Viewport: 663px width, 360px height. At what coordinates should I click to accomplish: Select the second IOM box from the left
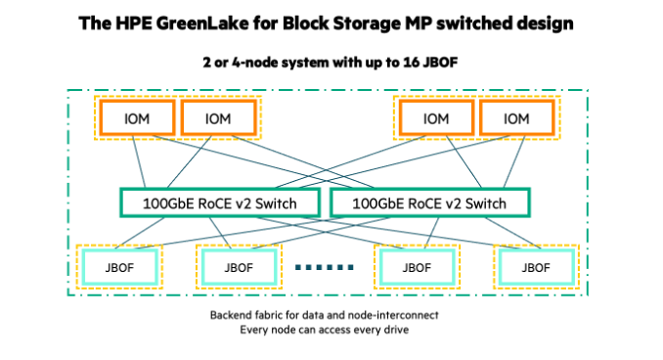click(x=218, y=118)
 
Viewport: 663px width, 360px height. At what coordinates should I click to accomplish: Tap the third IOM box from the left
click(x=435, y=118)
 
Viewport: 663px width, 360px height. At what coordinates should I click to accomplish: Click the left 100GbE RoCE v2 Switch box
click(x=222, y=202)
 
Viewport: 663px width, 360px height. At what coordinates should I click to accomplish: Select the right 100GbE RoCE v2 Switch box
click(x=430, y=202)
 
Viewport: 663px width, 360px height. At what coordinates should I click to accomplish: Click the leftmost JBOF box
click(x=119, y=265)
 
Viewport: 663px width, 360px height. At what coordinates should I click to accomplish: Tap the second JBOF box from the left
click(x=239, y=265)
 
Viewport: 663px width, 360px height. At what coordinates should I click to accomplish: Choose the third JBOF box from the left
click(x=417, y=265)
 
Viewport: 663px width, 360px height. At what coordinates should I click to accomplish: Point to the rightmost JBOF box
click(x=535, y=265)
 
